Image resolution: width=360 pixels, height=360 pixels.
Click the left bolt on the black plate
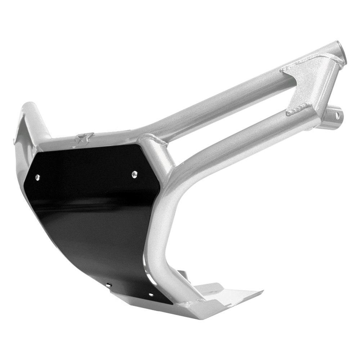(x=37, y=177)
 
